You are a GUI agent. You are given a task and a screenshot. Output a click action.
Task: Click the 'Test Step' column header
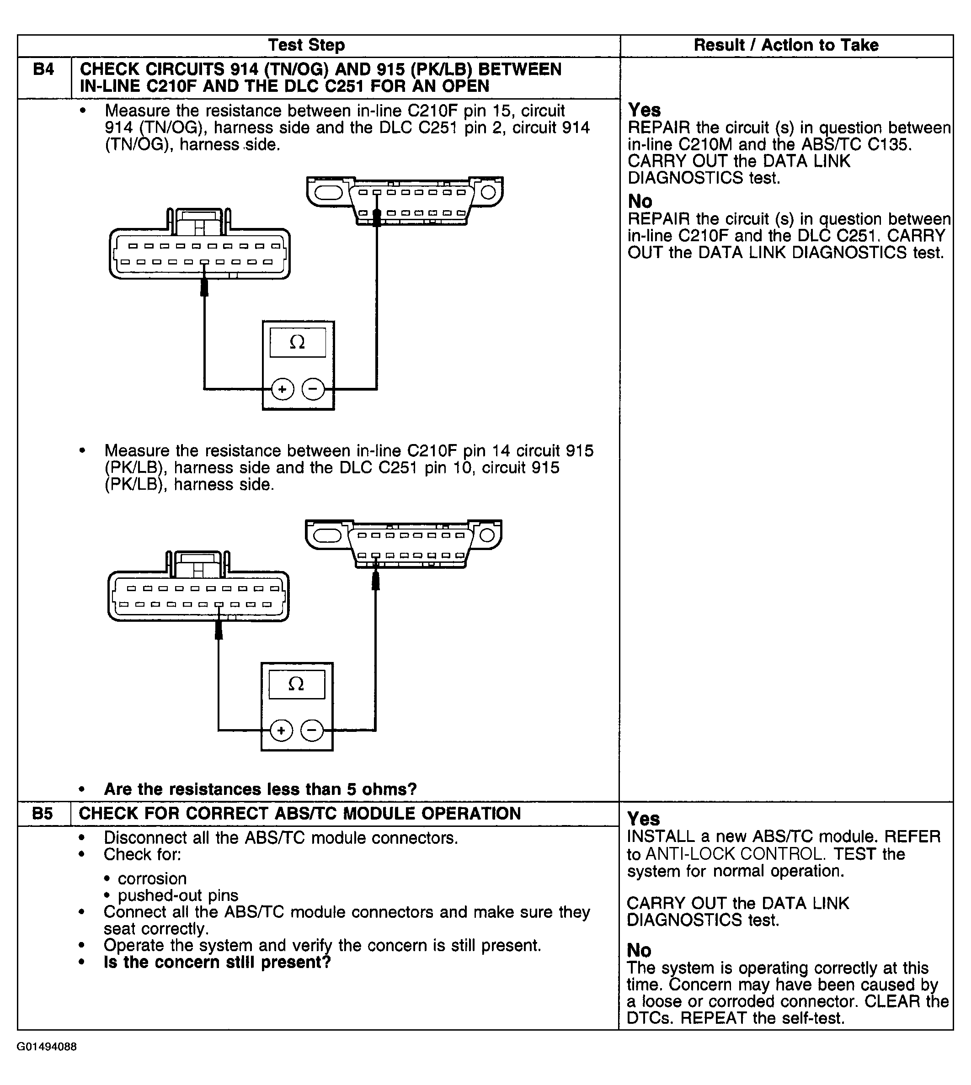[x=306, y=45]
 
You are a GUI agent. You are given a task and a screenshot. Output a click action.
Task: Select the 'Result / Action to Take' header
[x=786, y=45]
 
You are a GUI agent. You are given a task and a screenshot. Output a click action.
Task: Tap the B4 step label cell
[x=43, y=70]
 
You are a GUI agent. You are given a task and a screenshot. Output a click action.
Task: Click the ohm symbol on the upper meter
[x=297, y=342]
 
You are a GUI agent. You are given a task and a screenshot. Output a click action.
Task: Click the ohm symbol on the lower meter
[x=296, y=683]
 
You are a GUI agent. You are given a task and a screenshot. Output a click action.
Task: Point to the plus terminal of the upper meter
[x=282, y=389]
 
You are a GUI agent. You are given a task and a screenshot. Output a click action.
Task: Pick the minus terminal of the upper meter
[x=313, y=389]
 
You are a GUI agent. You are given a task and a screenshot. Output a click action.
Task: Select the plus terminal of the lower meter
[x=281, y=730]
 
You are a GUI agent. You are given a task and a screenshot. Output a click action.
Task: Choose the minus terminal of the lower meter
[x=312, y=730]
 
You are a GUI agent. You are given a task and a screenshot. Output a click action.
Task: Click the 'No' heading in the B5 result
[x=639, y=950]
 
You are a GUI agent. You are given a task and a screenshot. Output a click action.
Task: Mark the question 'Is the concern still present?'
[x=217, y=963]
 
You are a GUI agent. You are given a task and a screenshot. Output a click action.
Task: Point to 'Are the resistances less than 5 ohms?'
[x=261, y=789]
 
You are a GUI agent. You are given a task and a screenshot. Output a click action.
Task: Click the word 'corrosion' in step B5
[x=152, y=879]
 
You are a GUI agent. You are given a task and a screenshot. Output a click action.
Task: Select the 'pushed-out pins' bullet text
[x=178, y=895]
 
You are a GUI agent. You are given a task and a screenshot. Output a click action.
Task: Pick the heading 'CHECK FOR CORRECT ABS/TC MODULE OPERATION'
[x=300, y=814]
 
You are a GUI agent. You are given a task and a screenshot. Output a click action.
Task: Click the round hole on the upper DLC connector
[x=489, y=192]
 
